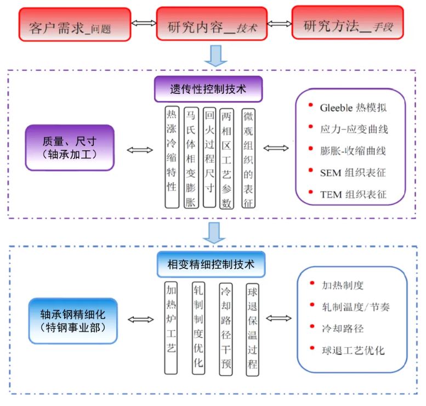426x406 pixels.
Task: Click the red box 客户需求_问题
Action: pyautogui.click(x=75, y=24)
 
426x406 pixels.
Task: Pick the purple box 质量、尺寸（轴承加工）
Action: pyautogui.click(x=70, y=148)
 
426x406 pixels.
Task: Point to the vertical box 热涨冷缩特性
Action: pyautogui.click(x=172, y=157)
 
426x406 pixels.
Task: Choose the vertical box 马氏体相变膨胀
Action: pyautogui.click(x=190, y=157)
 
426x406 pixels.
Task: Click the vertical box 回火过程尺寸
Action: pyautogui.click(x=209, y=157)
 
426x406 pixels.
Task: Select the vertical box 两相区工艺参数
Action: pyautogui.click(x=226, y=157)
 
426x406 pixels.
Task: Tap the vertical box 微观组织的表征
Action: pyautogui.click(x=248, y=157)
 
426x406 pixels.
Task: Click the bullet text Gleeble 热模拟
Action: pyautogui.click(x=354, y=108)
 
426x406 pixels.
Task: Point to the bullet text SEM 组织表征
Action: pyautogui.click(x=353, y=173)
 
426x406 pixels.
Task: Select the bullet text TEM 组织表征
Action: pyautogui.click(x=353, y=194)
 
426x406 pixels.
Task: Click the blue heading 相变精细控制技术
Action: pyautogui.click(x=211, y=264)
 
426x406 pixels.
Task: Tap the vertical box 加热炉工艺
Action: pyautogui.click(x=172, y=326)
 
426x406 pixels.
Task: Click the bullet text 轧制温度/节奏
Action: pyautogui.click(x=356, y=307)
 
